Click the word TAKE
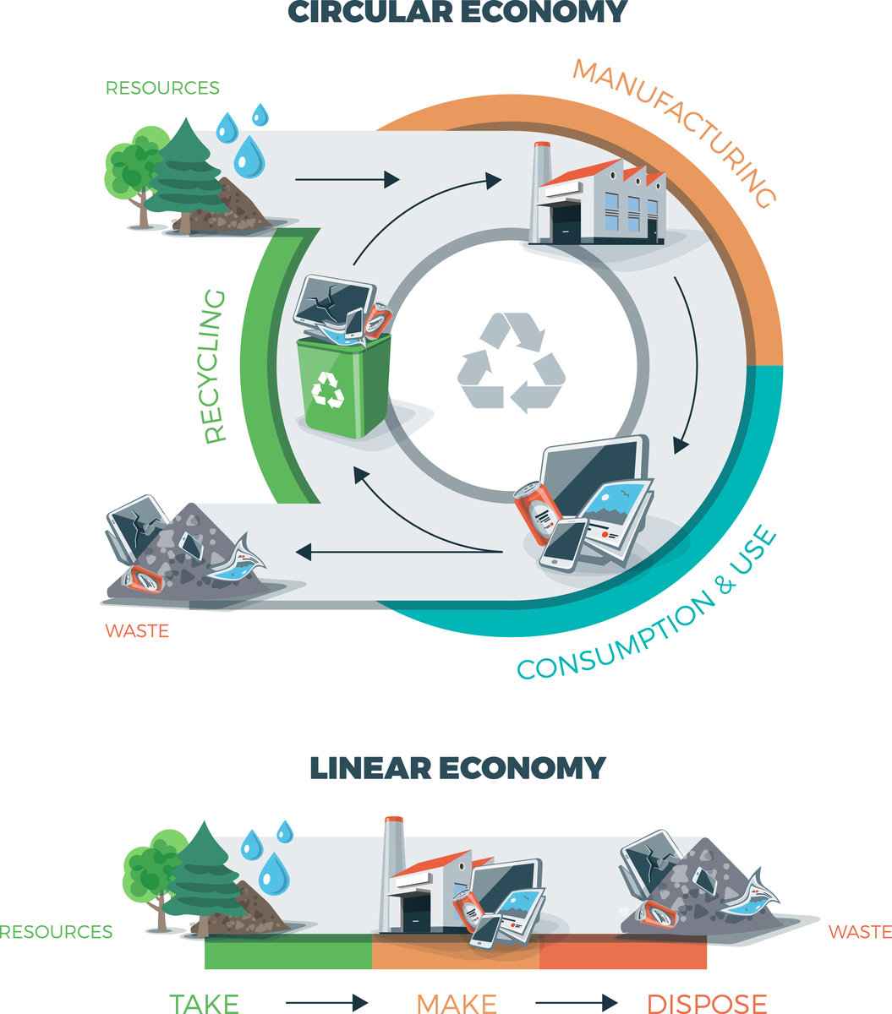[x=204, y=1002]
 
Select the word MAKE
[x=457, y=1002]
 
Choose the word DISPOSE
[x=707, y=1002]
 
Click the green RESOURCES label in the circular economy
[x=162, y=88]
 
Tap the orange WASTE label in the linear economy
[x=860, y=931]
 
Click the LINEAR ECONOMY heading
[x=457, y=767]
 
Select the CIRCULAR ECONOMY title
[x=457, y=12]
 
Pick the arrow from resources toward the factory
[x=347, y=179]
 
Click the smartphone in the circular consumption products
[x=562, y=543]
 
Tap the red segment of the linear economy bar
[x=623, y=955]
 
